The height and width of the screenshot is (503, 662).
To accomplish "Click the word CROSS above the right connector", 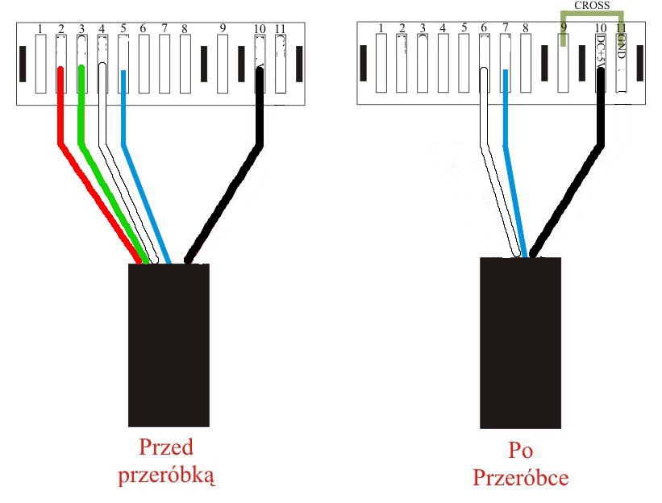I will [592, 5].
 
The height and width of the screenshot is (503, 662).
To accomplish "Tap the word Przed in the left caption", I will [167, 447].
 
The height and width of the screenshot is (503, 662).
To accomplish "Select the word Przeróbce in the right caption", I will [520, 478].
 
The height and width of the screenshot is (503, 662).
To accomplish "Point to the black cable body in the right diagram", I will [520, 343].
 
